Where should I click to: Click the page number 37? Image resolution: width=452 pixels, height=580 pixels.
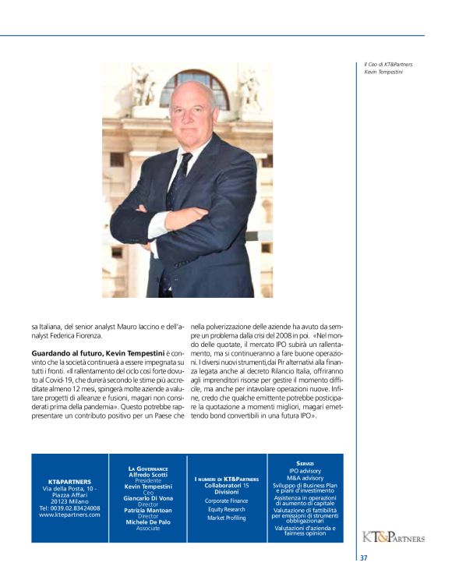(363, 558)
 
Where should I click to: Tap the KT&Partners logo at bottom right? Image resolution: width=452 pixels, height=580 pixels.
(394, 537)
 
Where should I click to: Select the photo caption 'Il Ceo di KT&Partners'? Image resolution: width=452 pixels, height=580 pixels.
(388, 64)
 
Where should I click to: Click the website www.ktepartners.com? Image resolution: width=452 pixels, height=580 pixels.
(69, 515)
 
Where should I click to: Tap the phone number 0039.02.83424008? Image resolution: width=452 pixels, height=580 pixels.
(69, 508)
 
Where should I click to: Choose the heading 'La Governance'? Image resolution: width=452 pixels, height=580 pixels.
(148, 469)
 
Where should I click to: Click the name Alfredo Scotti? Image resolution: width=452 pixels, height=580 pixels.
(148, 475)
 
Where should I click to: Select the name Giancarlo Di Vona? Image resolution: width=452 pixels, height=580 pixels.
(148, 498)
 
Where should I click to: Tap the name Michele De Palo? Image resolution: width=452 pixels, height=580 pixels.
(148, 522)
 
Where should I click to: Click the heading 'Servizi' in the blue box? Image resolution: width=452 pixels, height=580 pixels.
(305, 464)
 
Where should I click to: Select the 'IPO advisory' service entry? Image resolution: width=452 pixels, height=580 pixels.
(305, 471)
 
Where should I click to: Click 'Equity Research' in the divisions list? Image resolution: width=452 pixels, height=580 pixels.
(226, 508)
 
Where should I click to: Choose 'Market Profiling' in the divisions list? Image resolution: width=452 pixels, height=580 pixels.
(226, 518)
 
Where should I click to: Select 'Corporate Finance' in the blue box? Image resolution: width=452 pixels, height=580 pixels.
(226, 500)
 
